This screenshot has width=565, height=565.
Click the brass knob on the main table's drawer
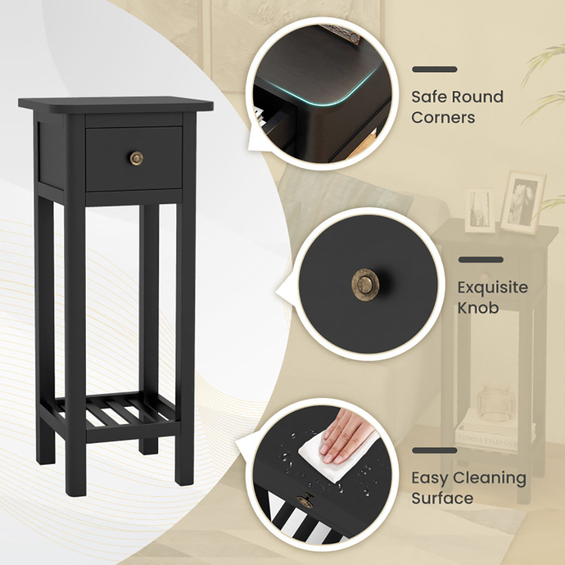tap(136, 158)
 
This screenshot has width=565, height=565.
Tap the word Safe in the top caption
tap(429, 97)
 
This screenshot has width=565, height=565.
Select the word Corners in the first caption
tap(443, 118)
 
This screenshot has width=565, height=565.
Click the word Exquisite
tap(493, 287)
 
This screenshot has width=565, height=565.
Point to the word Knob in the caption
tap(478, 308)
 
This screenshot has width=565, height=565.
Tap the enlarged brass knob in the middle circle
tap(364, 284)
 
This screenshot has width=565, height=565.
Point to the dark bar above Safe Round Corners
tap(434, 69)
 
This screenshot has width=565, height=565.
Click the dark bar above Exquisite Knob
tap(481, 260)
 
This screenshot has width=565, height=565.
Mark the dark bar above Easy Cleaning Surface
tap(434, 450)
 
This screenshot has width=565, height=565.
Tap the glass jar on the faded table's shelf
tap(496, 402)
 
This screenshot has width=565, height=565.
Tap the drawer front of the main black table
tap(134, 159)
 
